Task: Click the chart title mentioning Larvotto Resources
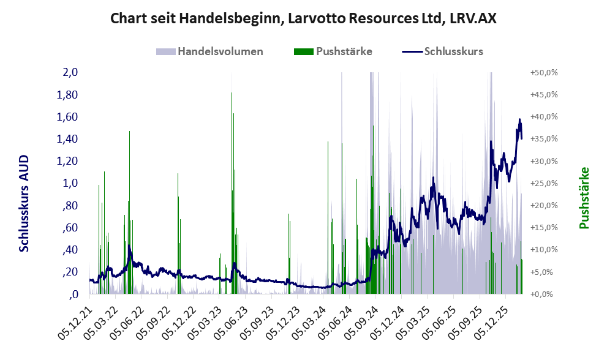[303, 18]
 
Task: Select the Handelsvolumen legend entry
[221, 51]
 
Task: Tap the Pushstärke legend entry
[344, 51]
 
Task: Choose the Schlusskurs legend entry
[453, 51]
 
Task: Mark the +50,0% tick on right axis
[543, 73]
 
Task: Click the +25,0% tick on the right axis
[543, 183]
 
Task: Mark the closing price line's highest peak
[520, 119]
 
